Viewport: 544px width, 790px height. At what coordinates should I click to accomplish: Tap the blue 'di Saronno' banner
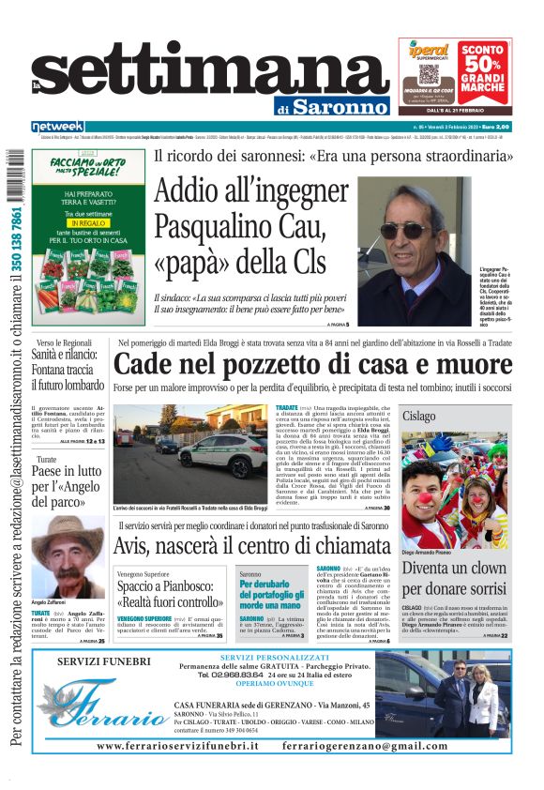tap(339, 106)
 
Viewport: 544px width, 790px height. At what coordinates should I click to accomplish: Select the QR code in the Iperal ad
tap(430, 74)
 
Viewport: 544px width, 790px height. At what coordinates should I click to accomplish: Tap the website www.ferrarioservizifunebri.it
tap(177, 745)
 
